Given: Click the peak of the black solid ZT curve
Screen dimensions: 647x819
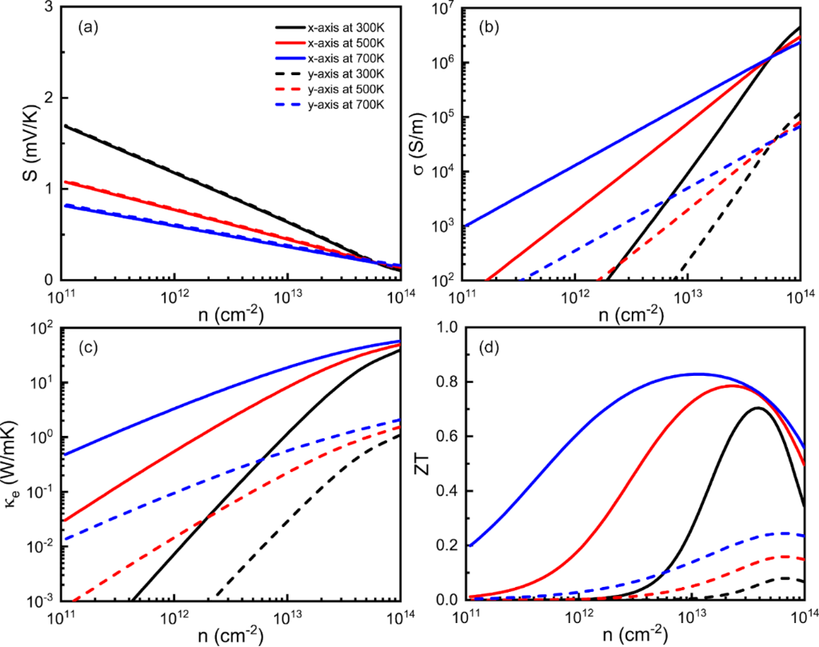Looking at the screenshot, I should (x=756, y=409).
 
